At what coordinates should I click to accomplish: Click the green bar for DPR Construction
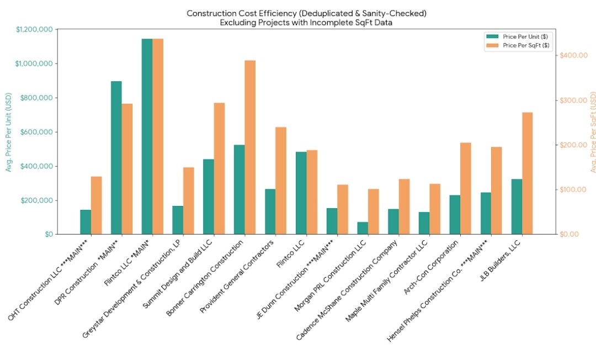tap(116, 157)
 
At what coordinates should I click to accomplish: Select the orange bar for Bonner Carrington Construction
tap(250, 147)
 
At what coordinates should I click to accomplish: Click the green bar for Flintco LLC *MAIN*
tap(147, 136)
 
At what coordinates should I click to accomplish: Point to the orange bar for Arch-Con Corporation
tap(465, 188)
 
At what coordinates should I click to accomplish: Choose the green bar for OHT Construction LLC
tap(86, 222)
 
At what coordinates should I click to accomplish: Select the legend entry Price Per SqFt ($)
tap(518, 45)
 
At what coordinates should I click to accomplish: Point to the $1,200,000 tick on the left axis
tap(34, 29)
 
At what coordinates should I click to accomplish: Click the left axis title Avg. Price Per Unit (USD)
tap(9, 132)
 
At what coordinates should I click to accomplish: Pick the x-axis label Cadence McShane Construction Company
tap(349, 288)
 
